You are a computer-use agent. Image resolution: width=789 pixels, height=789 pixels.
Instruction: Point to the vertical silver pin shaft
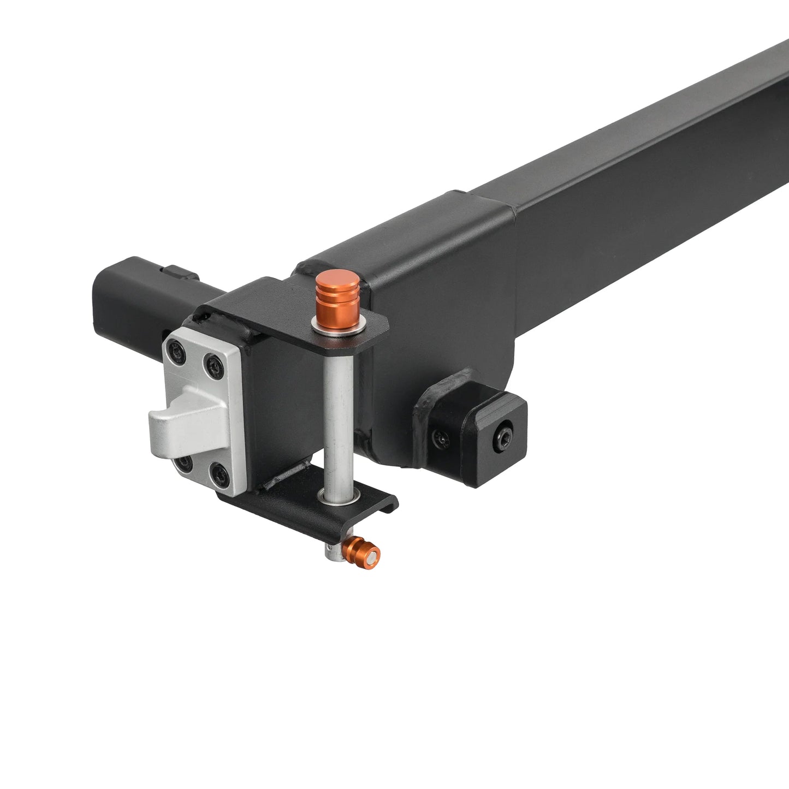[337, 415]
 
